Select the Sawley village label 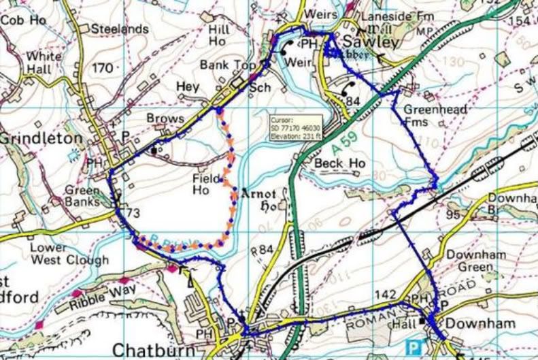pos(373,42)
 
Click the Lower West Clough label pos(68,254)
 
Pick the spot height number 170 pos(102,68)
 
